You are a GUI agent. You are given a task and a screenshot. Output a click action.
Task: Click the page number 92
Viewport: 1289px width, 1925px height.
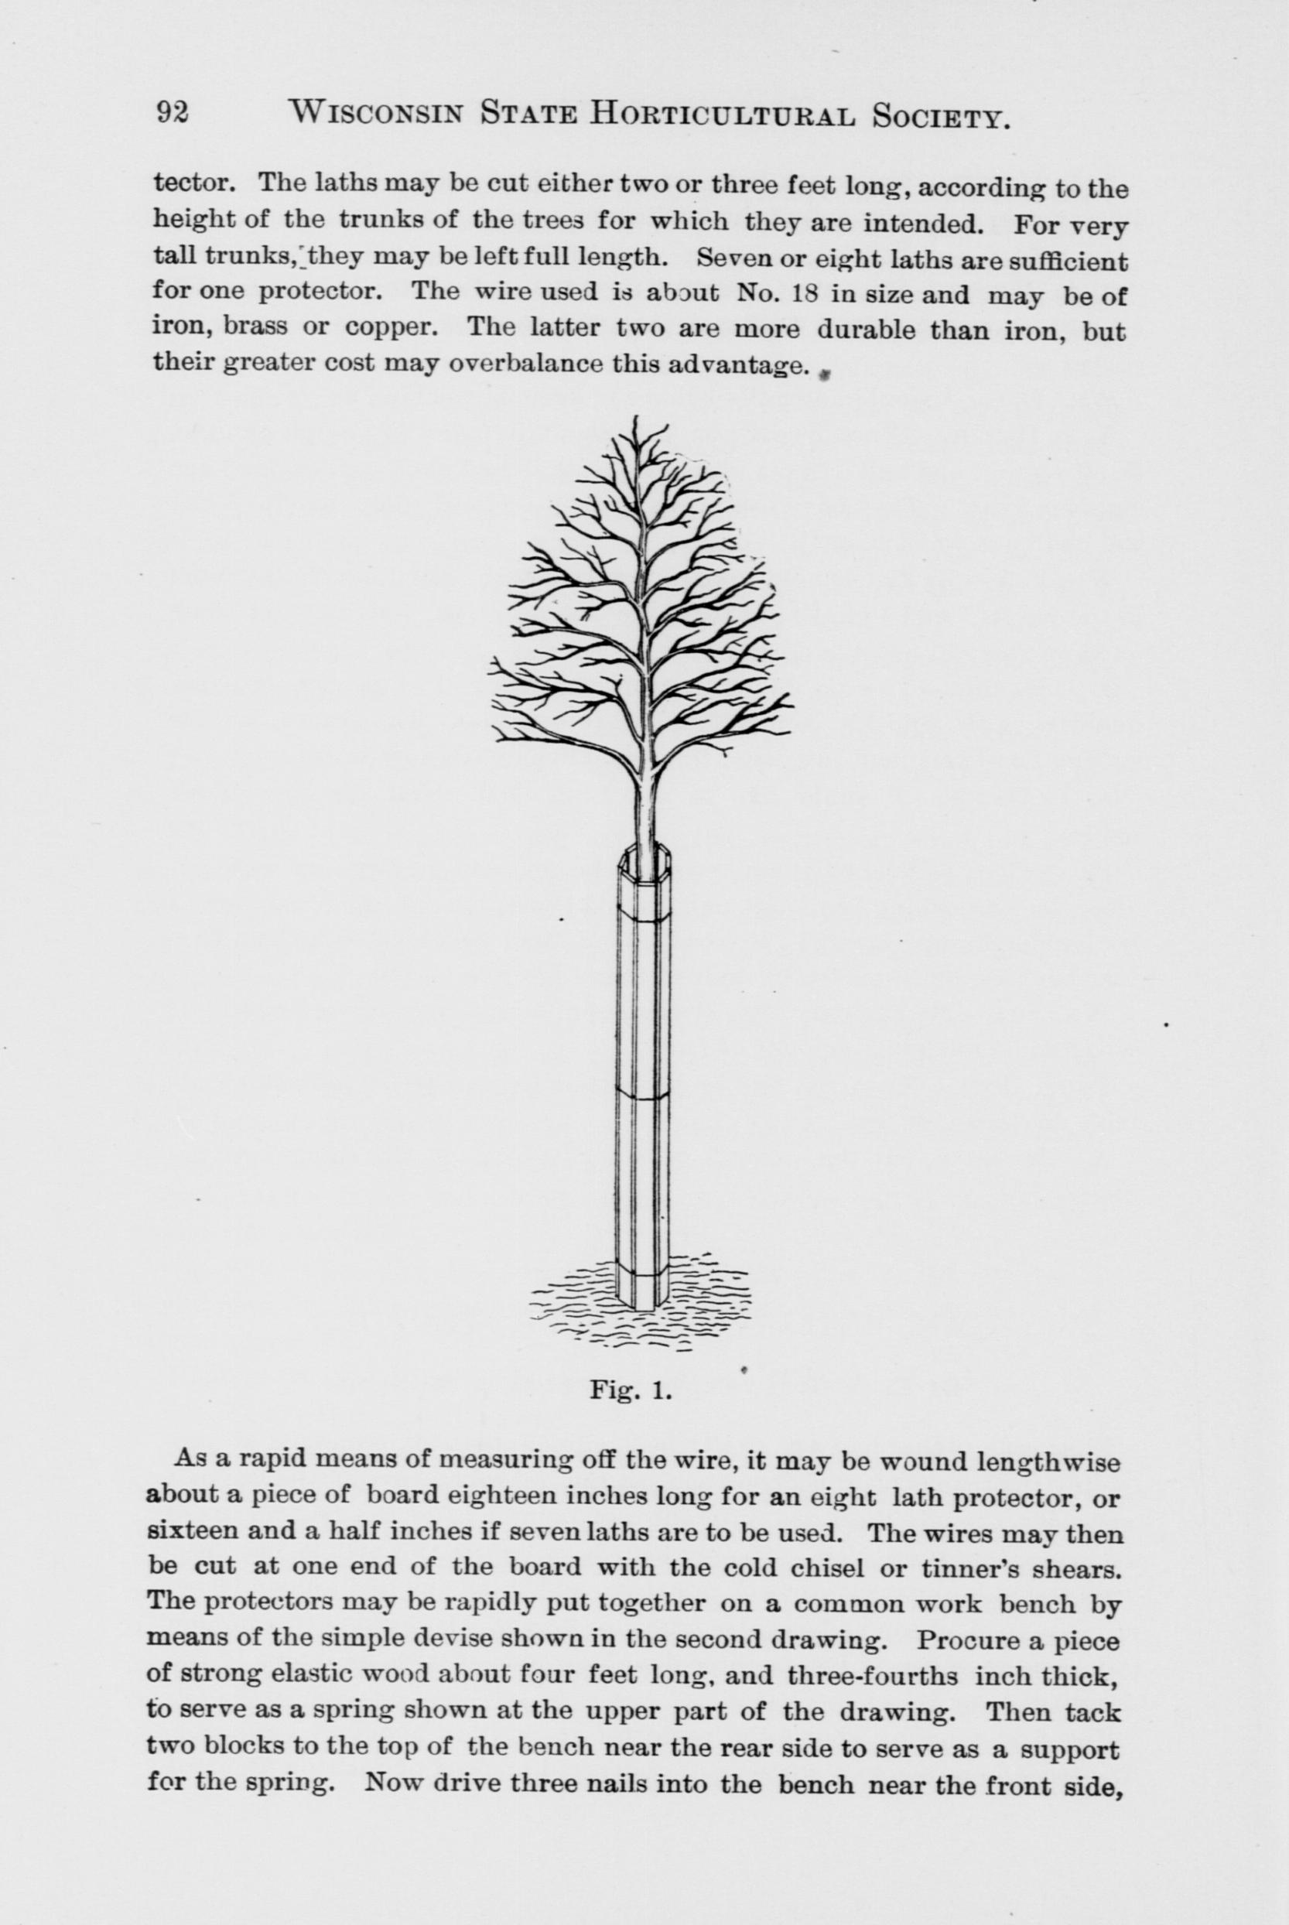[x=173, y=113]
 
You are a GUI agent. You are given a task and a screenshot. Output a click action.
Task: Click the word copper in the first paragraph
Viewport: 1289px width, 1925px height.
[x=385, y=327]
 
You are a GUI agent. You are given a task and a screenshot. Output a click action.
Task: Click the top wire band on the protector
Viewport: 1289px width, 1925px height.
[x=644, y=914]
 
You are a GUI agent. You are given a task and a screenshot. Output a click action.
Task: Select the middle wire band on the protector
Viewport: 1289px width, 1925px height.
[x=644, y=1095]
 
